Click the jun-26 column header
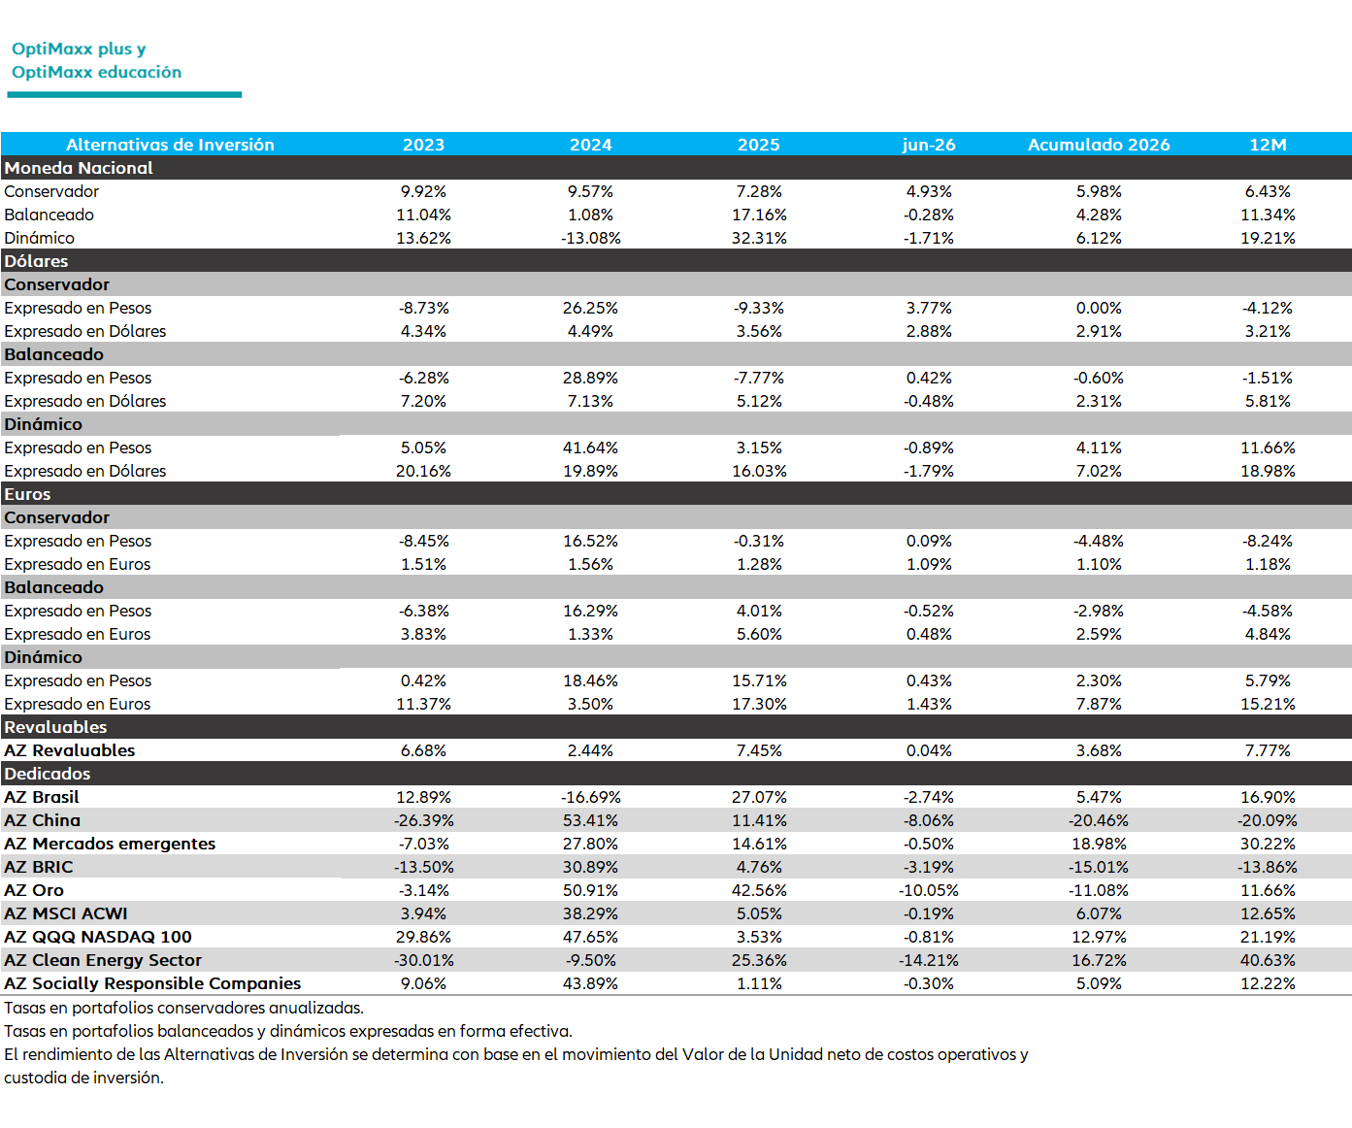929,145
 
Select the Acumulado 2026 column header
1099,145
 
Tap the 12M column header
1268,145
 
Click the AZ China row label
42,820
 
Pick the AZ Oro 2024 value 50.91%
590,890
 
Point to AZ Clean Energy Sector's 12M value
1268,960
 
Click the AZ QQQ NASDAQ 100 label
98,937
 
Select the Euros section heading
27,494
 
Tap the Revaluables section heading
55,727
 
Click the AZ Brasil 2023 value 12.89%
423,797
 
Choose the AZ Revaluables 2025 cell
759,750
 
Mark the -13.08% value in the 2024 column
590,238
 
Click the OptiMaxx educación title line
96,72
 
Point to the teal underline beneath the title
124,94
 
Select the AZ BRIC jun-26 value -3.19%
929,867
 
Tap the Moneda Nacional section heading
79,168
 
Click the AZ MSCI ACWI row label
65,913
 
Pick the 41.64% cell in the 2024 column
590,448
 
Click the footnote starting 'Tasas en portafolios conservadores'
183,1009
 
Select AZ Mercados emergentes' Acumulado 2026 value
1099,844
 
